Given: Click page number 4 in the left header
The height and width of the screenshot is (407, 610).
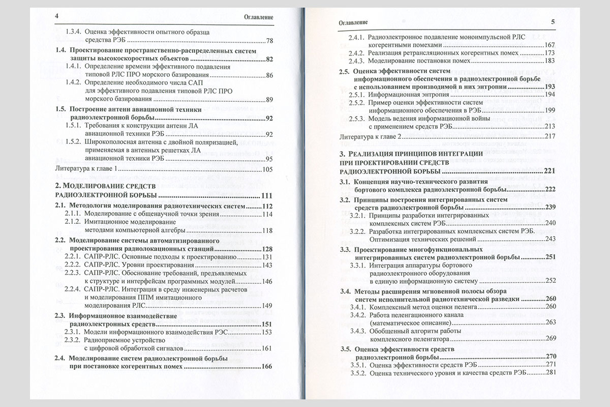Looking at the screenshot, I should point(57,16).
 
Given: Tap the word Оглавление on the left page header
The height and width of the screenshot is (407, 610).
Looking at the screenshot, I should point(259,17).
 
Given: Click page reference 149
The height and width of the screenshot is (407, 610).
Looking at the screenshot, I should point(268,306).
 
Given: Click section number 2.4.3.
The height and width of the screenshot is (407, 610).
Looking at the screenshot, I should point(357,61).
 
